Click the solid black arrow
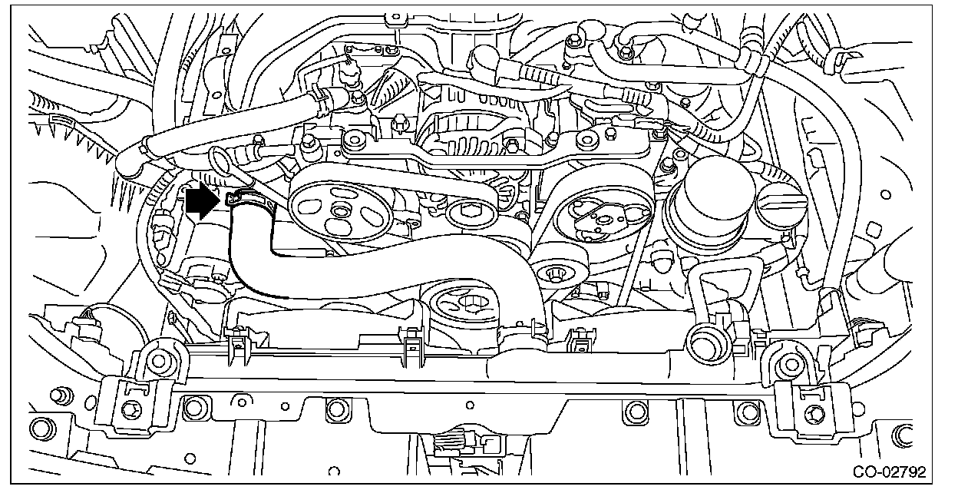coord(202,201)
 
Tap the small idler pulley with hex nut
coord(470,213)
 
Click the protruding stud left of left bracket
coord(57,396)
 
